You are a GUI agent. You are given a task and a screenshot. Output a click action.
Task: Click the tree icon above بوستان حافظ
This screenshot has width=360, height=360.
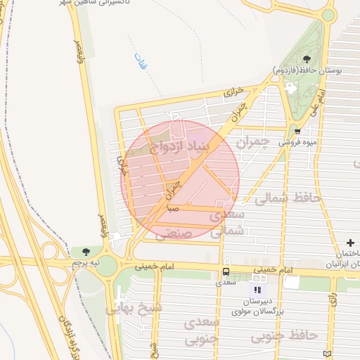306,59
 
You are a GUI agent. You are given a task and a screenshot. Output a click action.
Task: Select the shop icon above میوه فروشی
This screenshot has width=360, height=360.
298,131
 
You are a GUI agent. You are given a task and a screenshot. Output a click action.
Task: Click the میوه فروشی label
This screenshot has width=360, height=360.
296,142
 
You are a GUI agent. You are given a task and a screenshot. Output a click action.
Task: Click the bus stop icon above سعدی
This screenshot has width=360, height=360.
226,272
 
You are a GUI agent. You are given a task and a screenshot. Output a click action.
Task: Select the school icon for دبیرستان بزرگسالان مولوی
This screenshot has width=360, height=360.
257,289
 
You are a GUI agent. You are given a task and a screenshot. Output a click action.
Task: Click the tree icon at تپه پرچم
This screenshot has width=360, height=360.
86,252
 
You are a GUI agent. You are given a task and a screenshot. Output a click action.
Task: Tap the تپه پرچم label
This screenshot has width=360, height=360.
86,262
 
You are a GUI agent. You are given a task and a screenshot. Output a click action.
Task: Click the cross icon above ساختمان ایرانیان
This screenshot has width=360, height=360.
350,243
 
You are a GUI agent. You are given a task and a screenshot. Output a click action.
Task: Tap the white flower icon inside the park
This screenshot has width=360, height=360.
290,86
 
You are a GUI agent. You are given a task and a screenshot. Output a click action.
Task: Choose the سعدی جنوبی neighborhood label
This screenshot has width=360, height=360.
202,330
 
